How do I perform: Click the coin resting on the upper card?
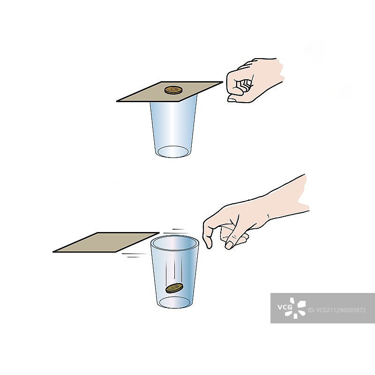coord(173,90)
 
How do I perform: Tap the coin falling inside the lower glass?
coord(174,288)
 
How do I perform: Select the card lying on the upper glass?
coord(170,91)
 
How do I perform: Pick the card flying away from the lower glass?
coord(106,242)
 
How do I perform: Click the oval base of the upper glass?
coord(173,151)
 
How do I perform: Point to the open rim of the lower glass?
coord(175,243)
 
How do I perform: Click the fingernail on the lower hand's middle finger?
coord(229,245)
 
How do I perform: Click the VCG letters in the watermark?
coord(285,307)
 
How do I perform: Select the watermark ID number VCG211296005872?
coord(337,310)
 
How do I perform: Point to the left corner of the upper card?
coord(117,101)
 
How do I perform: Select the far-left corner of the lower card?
coord(53,252)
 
